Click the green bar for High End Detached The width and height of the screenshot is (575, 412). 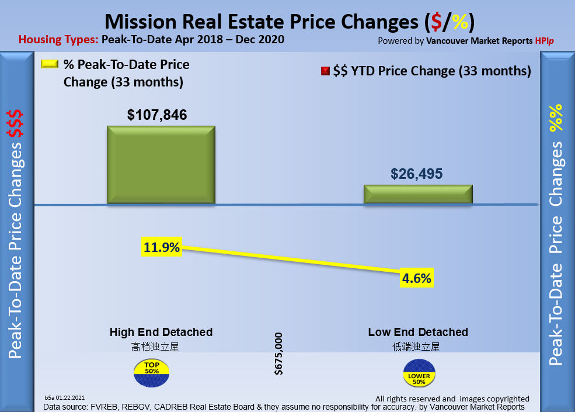[x=161, y=165]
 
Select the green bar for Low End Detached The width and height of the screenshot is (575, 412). [x=417, y=194]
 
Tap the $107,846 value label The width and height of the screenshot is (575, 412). [x=157, y=115]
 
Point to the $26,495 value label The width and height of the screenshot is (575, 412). [x=417, y=174]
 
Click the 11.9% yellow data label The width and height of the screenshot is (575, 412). [x=162, y=247]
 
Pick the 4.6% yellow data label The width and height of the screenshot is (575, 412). [x=417, y=278]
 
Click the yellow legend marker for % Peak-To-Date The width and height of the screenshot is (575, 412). [x=50, y=64]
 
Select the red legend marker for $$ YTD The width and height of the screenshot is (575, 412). [x=325, y=71]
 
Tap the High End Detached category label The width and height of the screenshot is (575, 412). [x=161, y=332]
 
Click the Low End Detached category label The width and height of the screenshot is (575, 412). [x=418, y=332]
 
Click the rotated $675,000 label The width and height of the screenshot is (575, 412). [x=278, y=354]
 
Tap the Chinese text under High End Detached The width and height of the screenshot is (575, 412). [x=155, y=347]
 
